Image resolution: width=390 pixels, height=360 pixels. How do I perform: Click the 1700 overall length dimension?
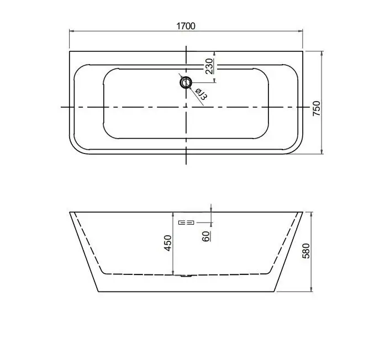tap(186, 26)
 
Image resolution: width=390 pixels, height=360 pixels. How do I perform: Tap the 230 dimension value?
tap(209, 66)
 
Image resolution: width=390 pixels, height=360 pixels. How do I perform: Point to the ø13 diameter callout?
tap(200, 94)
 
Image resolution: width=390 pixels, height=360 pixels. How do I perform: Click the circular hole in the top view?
tap(185, 83)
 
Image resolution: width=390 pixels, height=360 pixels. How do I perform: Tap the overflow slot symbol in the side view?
tap(187, 223)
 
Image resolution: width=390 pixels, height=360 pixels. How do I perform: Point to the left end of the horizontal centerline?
tap(61, 107)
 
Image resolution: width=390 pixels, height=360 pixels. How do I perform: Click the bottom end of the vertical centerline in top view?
tap(186, 163)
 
